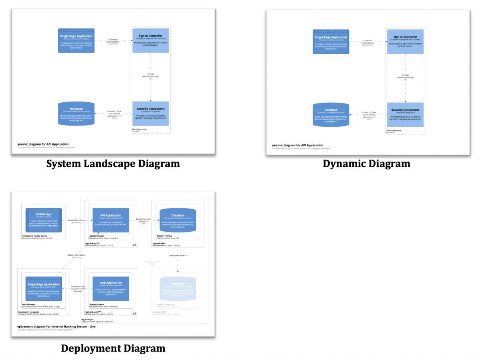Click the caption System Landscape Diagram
pos(113,164)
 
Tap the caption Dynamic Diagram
pos(366,164)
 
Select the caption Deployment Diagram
pos(113,348)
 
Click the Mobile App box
pos(44,220)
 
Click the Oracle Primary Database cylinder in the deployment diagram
pos(178,220)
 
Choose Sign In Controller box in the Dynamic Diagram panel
pos(405,41)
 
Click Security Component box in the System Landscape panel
pos(151,113)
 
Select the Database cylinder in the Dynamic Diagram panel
pos(331,115)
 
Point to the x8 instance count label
pos(135,245)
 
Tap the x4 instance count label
pos(135,313)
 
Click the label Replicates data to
pos(178,255)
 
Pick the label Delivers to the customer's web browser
pos(78,289)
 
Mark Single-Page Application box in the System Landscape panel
pos(76,40)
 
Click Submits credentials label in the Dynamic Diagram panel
pos(368,42)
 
